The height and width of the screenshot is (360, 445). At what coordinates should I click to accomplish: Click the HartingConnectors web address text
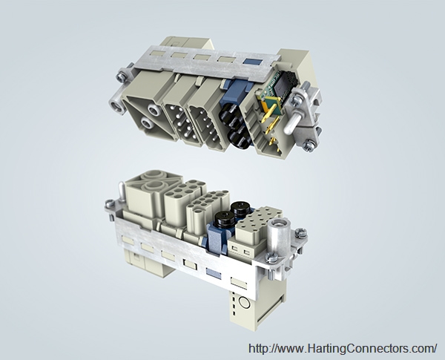[x=343, y=348]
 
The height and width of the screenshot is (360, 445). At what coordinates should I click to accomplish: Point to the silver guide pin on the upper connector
[x=291, y=125]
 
